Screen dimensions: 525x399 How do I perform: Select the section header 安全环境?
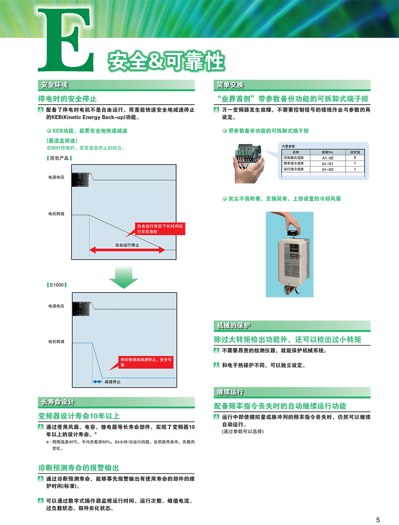click(x=54, y=85)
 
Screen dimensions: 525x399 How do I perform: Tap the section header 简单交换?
click(x=230, y=85)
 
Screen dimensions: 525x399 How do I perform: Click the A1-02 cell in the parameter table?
click(x=328, y=158)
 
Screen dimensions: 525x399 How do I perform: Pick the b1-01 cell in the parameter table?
click(x=328, y=164)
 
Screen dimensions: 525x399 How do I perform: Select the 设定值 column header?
click(x=355, y=152)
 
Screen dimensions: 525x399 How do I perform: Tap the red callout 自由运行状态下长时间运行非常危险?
click(x=161, y=228)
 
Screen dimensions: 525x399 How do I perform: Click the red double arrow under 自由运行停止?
click(x=127, y=250)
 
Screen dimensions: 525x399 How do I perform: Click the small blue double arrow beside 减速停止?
click(x=97, y=382)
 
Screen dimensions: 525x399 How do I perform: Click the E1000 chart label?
click(x=57, y=285)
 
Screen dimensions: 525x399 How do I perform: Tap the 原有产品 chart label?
click(x=59, y=158)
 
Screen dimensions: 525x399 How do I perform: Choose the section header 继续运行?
click(x=230, y=392)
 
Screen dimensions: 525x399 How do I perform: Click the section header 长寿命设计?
click(x=58, y=402)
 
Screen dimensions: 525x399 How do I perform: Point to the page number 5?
click(x=378, y=520)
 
